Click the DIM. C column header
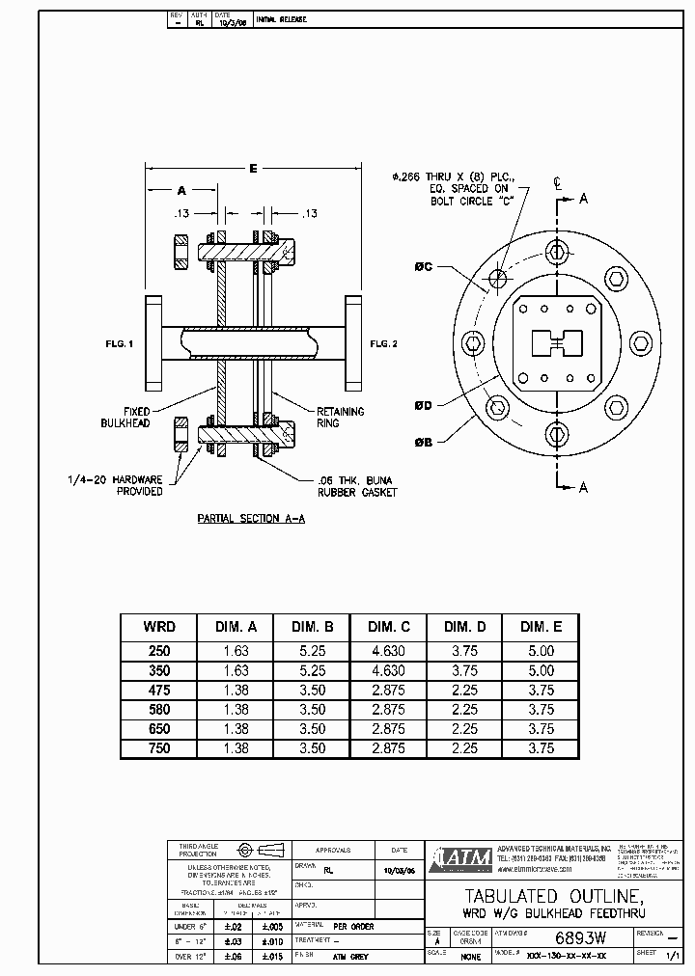click(x=388, y=626)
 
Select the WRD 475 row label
click(x=159, y=690)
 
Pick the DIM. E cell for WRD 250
click(x=542, y=651)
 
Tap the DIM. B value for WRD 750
click(x=312, y=748)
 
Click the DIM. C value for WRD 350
click(x=388, y=670)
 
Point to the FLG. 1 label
click(x=120, y=343)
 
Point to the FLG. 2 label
click(x=383, y=343)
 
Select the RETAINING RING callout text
click(x=341, y=418)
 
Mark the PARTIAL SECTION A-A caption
click(x=251, y=518)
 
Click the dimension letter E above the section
click(x=253, y=169)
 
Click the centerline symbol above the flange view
click(x=557, y=181)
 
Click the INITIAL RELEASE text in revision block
click(x=281, y=19)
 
